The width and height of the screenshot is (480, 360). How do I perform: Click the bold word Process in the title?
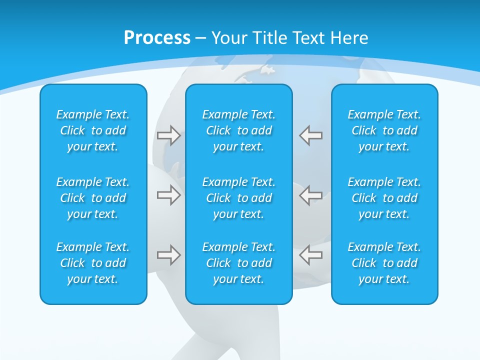coord(157,38)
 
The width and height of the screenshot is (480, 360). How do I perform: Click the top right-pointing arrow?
coord(168,135)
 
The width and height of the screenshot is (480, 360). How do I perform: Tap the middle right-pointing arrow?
coord(168,195)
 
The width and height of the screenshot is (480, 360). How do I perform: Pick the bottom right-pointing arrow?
coord(168,255)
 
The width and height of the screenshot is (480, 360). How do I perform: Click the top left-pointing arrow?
coord(310,135)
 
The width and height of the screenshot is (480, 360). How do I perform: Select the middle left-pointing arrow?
coord(310,195)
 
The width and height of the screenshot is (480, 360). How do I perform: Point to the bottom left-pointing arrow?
coord(310,255)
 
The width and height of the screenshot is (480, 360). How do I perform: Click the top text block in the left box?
coord(93,130)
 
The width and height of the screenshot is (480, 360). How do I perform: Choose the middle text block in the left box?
coord(93,198)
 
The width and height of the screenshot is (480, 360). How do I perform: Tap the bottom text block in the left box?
coord(93,263)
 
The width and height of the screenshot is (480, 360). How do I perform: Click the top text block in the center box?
coord(238,130)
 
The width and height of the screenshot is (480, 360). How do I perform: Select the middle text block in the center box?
coord(238,198)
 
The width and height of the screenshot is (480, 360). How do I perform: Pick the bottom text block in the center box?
coord(238,263)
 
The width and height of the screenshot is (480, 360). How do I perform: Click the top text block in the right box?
coord(384,130)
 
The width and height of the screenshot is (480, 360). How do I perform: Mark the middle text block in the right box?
coord(384,198)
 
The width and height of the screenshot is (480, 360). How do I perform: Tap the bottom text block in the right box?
coord(384,263)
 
